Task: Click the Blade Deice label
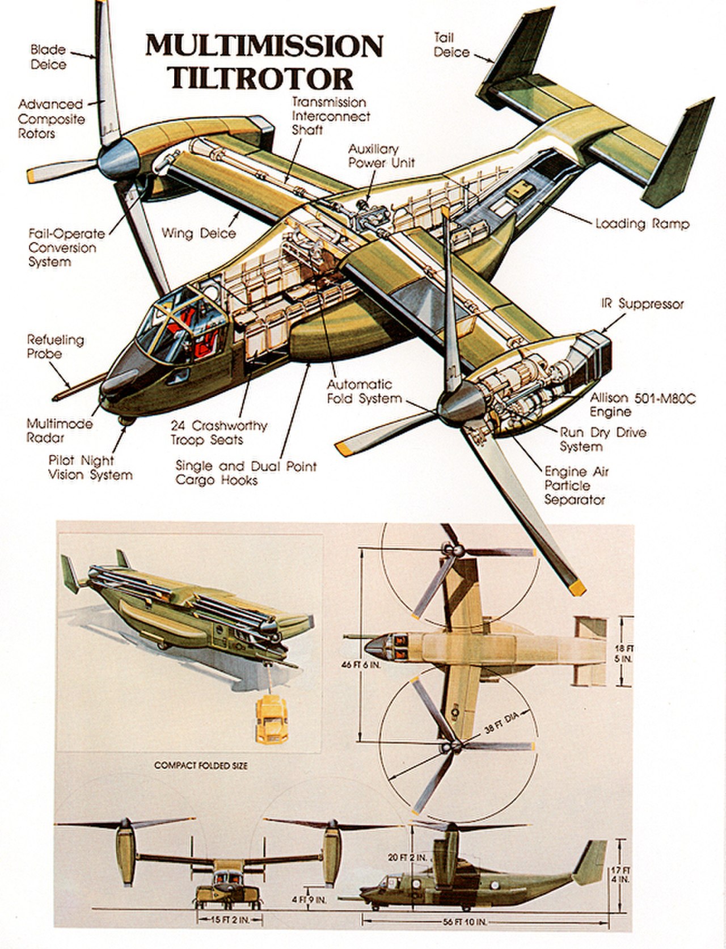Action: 48,57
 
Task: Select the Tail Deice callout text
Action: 451,45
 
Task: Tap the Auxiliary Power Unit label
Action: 381,156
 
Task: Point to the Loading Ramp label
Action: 642,224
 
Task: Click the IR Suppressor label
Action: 643,304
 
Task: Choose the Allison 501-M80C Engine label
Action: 642,405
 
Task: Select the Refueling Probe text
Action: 55,347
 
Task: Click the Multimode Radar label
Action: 59,431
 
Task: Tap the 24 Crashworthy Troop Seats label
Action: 218,433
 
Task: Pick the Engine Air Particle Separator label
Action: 575,486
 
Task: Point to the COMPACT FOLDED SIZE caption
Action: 201,766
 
